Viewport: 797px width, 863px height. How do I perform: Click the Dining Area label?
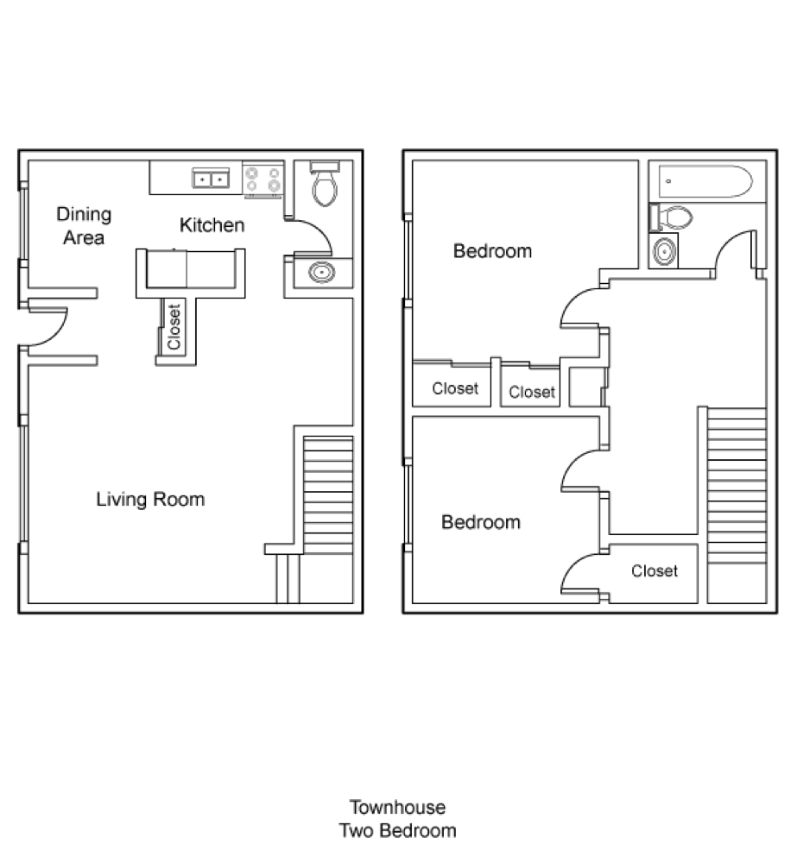[84, 225]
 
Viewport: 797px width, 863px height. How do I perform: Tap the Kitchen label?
[212, 225]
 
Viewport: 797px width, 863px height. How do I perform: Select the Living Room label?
[150, 499]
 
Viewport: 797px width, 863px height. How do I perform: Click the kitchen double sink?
[211, 179]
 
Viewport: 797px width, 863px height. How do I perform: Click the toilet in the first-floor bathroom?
[325, 184]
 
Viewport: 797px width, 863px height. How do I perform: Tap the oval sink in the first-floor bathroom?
[322, 273]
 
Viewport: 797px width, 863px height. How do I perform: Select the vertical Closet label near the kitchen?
[174, 327]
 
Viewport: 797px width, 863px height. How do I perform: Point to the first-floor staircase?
[328, 494]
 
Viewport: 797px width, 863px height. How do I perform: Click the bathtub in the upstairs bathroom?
[705, 181]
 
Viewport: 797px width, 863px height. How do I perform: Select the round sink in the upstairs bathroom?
[664, 251]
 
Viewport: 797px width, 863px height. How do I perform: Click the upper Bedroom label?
[492, 251]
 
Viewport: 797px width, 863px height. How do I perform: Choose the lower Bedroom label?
[481, 522]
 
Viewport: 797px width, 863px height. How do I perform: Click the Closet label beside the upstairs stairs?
[655, 570]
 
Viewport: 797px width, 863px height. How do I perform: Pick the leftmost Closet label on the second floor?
[455, 388]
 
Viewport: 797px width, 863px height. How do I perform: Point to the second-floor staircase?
[737, 485]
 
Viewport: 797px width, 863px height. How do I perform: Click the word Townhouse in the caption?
[398, 808]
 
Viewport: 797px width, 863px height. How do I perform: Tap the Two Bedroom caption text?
[398, 830]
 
